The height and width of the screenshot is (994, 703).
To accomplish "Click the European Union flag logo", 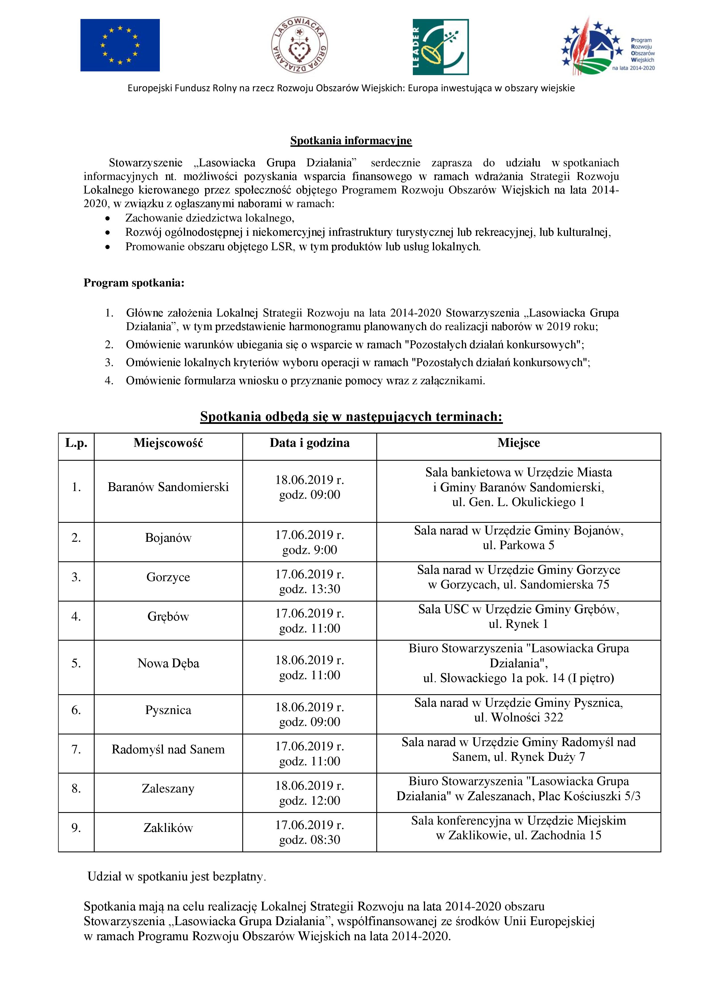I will [x=120, y=45].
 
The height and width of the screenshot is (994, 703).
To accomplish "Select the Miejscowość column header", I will [x=168, y=443].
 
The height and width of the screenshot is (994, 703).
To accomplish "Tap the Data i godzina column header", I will [x=309, y=443].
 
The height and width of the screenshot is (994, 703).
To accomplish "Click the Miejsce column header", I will [x=519, y=443].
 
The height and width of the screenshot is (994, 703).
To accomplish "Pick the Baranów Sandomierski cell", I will [x=168, y=487].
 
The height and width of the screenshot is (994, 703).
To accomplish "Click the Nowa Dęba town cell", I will [x=168, y=663].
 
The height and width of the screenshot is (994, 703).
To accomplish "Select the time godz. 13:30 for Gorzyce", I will [x=309, y=589].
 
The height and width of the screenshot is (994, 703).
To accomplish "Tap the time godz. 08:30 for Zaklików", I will [x=309, y=840].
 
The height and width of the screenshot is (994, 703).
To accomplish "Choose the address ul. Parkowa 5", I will [x=519, y=545].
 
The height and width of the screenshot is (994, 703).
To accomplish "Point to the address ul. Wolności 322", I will [x=519, y=717].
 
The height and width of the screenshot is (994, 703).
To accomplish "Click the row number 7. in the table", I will [x=76, y=749].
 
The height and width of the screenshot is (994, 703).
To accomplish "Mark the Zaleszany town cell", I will [x=168, y=789].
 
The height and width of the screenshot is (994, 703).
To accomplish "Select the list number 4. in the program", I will [x=109, y=381].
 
